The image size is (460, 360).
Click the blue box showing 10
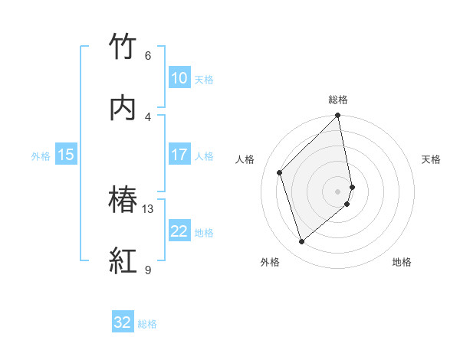179,78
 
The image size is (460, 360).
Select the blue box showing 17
179,155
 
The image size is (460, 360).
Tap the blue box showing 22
179,231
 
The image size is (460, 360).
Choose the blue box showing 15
66,155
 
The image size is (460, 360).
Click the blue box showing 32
123,322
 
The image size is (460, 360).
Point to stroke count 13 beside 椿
148,209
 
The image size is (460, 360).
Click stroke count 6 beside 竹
148,56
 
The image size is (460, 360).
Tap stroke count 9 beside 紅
148,270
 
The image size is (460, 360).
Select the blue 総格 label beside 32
147,324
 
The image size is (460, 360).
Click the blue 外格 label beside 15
41,156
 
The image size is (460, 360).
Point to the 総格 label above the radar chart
338,100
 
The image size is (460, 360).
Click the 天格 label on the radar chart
431,159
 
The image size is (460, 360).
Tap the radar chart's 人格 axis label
245,159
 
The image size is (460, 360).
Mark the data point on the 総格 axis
338,116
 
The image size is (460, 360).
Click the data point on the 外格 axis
301,242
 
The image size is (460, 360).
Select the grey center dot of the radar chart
338,191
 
